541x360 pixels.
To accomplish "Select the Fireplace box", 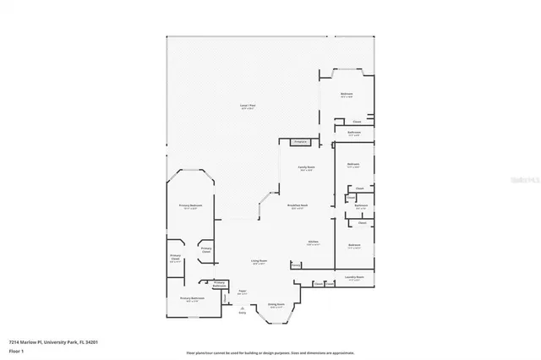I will pyautogui.click(x=299, y=142).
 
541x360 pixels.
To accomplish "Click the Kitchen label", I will pyautogui.click(x=313, y=241).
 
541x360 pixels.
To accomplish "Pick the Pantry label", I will pyautogui.click(x=296, y=265).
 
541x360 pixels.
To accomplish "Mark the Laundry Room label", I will pyautogui.click(x=354, y=277).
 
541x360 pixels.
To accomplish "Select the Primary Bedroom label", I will pyautogui.click(x=189, y=207).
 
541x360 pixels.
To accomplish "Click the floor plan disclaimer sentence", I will pyautogui.click(x=270, y=352).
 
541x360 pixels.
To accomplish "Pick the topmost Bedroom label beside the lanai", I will pyautogui.click(x=347, y=94).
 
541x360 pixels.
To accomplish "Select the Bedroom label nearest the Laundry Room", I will pyautogui.click(x=354, y=246).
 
